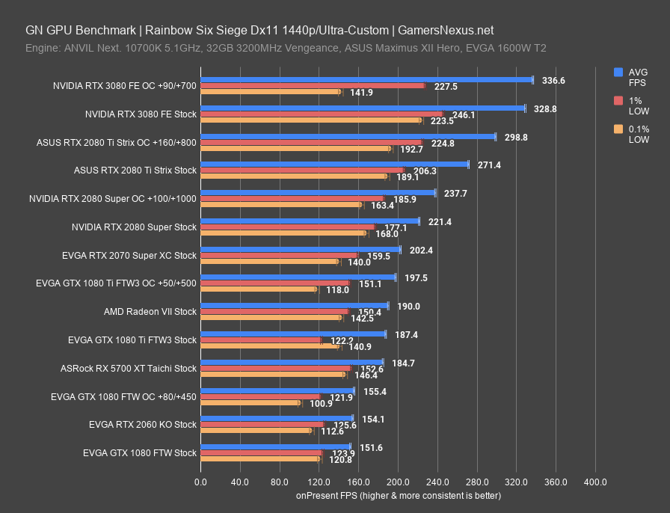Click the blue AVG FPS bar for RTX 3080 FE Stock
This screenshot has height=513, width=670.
click(363, 108)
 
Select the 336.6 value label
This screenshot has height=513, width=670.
click(553, 80)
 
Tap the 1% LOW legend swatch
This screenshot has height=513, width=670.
click(618, 101)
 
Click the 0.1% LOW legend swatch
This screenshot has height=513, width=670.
click(618, 129)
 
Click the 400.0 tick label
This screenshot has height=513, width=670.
click(595, 482)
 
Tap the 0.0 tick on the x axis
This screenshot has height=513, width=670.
click(200, 482)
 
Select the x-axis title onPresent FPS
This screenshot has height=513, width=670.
click(398, 495)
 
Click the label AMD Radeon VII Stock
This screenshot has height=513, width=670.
click(150, 311)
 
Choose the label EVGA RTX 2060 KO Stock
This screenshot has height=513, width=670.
click(142, 424)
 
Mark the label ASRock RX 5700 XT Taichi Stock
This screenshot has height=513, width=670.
click(129, 368)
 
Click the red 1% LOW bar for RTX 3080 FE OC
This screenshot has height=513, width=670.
click(313, 86)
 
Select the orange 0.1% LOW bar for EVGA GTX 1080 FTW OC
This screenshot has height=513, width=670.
click(250, 403)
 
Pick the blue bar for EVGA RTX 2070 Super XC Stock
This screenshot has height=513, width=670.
click(301, 249)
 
